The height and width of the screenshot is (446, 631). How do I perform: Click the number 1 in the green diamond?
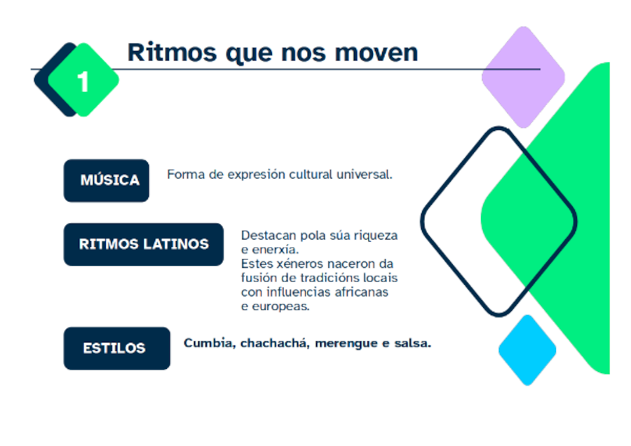pos(83,82)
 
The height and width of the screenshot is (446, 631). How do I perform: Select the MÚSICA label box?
pos(107,180)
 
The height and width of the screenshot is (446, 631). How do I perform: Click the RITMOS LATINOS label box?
pos(144,244)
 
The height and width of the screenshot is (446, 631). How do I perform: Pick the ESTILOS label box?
pos(116,348)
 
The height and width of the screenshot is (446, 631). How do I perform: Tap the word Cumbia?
pos(208,343)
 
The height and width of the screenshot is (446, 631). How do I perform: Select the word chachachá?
pos(274,343)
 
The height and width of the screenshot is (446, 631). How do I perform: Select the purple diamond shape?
pos(522,76)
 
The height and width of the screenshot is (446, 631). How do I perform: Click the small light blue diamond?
pos(527,349)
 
